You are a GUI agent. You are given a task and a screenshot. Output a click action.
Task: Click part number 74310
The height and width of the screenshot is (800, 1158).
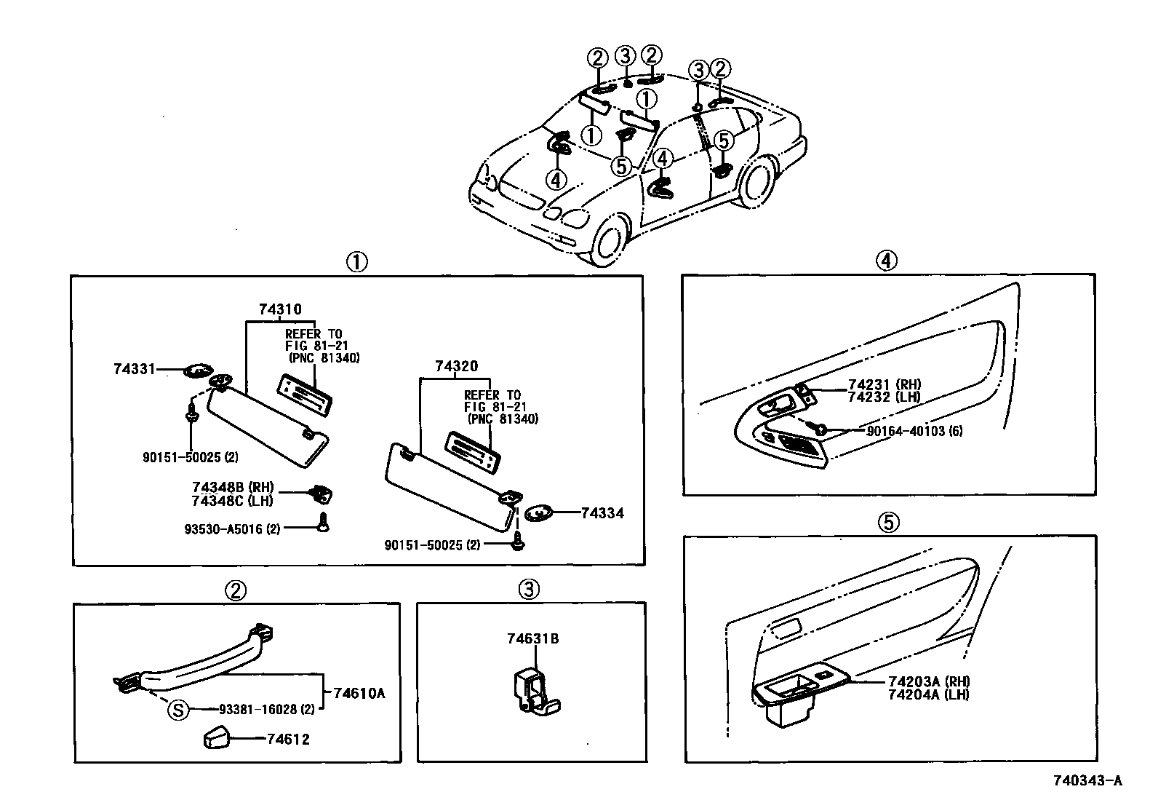[x=280, y=309]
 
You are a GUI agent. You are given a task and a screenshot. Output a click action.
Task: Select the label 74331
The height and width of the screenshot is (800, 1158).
[x=134, y=369]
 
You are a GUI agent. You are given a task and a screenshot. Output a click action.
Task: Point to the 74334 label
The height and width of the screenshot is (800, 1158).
[x=602, y=513]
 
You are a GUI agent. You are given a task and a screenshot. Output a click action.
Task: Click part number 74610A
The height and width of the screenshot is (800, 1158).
[x=359, y=693]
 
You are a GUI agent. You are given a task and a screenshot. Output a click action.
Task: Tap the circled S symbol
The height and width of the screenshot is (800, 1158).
[x=178, y=708]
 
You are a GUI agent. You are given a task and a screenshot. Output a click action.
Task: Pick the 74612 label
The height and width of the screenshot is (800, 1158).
[x=288, y=740]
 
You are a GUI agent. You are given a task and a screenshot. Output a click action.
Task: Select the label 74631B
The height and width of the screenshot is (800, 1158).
[x=532, y=639]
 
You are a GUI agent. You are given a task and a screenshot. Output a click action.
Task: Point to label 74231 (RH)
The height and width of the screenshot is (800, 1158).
[x=885, y=385]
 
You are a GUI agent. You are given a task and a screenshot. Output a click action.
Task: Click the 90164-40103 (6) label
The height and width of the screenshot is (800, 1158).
[x=914, y=431]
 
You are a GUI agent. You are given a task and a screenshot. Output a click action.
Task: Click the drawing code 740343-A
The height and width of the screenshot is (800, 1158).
[x=1088, y=781]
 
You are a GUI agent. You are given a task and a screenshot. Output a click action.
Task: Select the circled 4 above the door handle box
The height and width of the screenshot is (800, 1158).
[x=887, y=260]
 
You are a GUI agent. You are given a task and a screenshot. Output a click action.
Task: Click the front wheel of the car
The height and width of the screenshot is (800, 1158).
[x=609, y=239]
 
